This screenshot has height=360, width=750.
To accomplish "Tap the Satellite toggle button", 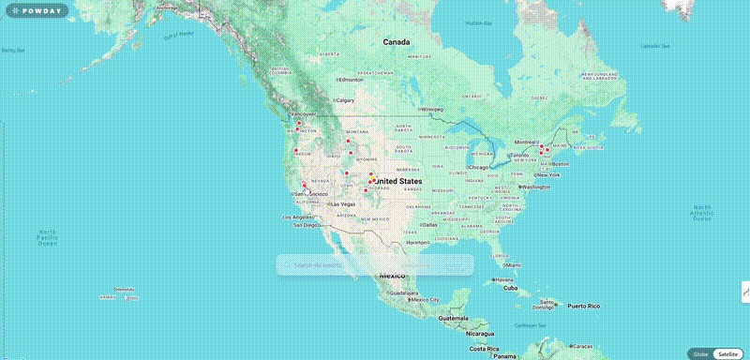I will tap(727, 353).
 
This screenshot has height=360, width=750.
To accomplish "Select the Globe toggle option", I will tap(699, 353).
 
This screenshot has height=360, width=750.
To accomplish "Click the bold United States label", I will tap(397, 180).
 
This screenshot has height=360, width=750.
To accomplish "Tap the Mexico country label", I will tap(392, 276).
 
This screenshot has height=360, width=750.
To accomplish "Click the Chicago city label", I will tap(479, 167).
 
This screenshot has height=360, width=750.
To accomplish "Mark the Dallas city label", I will tap(429, 224).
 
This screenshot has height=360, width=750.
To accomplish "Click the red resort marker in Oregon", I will tap(296, 150).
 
